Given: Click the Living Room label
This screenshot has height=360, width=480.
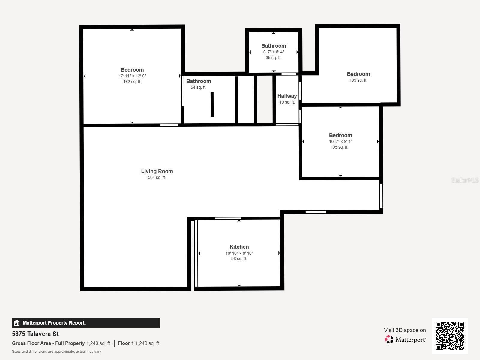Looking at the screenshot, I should point(157,171).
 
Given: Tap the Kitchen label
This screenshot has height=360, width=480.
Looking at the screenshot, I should point(239,247).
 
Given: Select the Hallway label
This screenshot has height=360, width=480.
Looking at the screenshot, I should point(287,96).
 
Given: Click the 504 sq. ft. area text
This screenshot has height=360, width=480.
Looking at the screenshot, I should point(157,178).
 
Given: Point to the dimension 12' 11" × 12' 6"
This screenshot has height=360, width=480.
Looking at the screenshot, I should point(132,76).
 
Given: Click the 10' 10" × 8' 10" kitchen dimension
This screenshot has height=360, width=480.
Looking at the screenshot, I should point(239,253).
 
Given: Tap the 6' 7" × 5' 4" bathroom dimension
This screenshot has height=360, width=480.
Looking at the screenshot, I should point(274,52).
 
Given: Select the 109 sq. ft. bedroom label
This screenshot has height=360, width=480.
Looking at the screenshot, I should point(358,80).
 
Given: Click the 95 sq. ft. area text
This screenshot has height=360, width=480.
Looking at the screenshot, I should point(340,147).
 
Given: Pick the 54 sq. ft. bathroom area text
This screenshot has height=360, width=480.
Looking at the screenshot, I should point(199,88).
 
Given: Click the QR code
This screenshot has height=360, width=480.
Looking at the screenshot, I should point(450,336).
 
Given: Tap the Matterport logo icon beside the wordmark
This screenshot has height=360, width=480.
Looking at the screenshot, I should point(389,340).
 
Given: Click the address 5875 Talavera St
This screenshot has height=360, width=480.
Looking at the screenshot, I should point(35,334).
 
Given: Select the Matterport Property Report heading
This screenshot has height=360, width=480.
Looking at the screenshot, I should point(54,323).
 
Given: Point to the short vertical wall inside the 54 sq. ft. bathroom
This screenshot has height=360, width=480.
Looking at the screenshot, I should point(212,104).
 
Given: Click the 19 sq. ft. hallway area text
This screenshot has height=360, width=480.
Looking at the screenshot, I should point(287,102).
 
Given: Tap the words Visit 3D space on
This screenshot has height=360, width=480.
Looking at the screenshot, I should point(405,330).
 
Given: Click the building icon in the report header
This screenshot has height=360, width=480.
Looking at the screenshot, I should point(17,323).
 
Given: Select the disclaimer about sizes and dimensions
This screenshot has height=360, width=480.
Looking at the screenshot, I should point(56,352).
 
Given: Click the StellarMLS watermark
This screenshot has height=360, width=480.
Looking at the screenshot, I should point(465,180).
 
